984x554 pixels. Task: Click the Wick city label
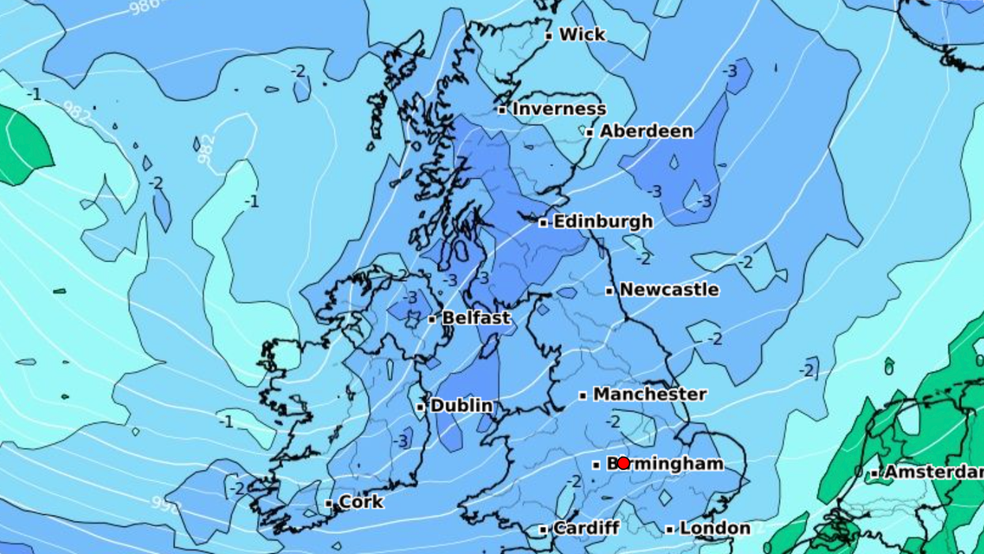tap(582, 35)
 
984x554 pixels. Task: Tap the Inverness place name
tap(559, 109)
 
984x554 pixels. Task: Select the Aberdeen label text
tap(646, 131)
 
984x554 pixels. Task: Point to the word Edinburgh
tap(603, 222)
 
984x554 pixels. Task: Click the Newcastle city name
tap(669, 290)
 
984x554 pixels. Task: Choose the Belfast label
tap(476, 318)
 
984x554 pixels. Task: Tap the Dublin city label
tap(462, 406)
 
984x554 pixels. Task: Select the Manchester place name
tap(650, 394)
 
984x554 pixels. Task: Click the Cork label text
tap(360, 502)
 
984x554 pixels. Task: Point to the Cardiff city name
tap(585, 528)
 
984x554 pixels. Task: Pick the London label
tap(714, 528)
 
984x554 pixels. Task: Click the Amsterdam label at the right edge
tap(933, 472)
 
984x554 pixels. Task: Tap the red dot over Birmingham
tap(623, 463)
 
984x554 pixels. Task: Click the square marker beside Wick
tap(549, 36)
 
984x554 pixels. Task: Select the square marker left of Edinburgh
tap(543, 222)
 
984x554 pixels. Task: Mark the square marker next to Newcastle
tap(609, 290)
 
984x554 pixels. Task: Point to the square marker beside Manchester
tap(582, 395)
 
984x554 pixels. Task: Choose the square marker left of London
tap(669, 529)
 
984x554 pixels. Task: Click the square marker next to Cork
tap(329, 503)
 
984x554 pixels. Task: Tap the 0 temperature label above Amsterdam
tap(888, 368)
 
